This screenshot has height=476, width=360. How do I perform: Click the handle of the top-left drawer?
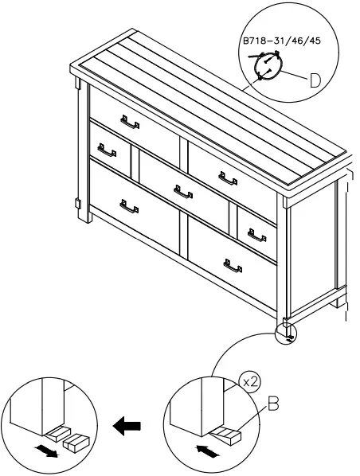[129, 121]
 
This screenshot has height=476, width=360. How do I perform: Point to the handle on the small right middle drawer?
[256, 235]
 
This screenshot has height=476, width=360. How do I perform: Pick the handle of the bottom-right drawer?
[233, 266]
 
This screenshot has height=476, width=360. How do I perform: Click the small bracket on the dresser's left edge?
[77, 203]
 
